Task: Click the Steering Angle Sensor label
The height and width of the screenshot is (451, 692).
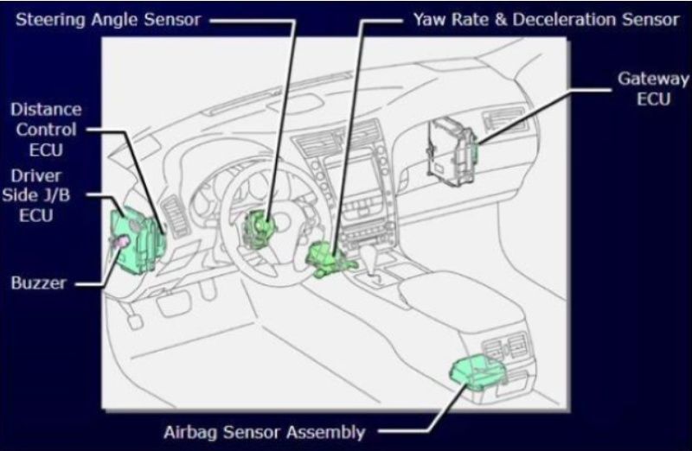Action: click(108, 20)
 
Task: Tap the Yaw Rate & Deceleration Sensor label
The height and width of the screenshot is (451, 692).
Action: click(547, 20)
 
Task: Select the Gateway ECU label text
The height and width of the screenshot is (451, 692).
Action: click(653, 89)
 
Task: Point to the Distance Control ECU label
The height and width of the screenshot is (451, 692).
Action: click(46, 130)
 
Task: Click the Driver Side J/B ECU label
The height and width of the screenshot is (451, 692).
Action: click(36, 195)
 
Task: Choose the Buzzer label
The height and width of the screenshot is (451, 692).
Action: click(39, 283)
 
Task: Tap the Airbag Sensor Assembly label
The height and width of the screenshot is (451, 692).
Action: click(265, 432)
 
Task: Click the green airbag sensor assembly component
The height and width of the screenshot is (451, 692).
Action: click(477, 373)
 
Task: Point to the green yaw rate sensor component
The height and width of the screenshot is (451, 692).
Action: click(330, 259)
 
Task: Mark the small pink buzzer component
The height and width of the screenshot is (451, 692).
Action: click(120, 241)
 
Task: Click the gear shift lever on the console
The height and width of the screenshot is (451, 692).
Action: click(369, 259)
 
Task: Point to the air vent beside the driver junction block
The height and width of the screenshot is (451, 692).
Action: click(176, 218)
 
